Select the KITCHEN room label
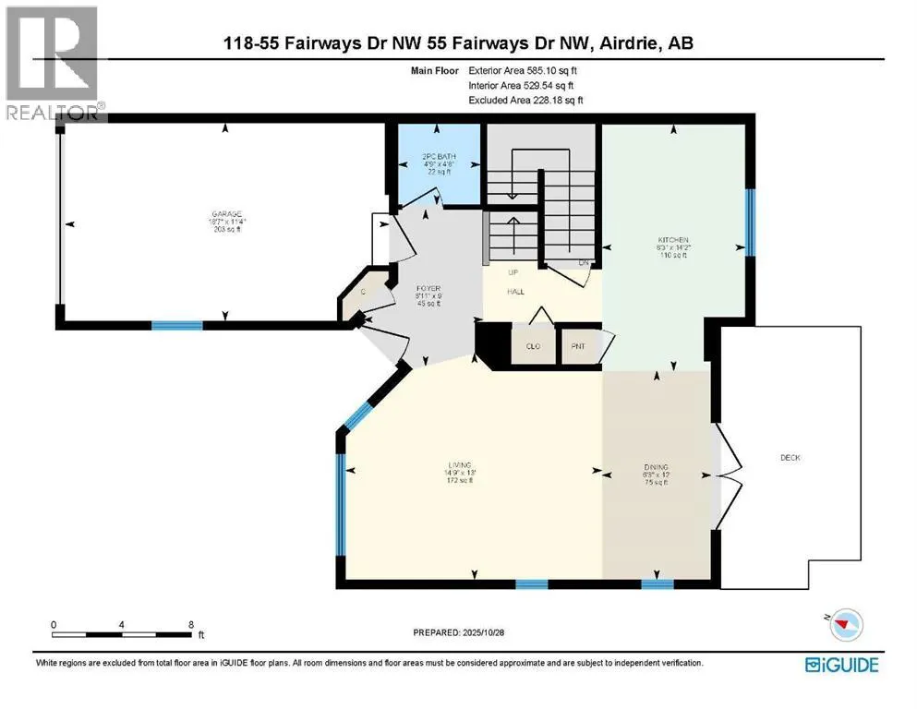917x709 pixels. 669,239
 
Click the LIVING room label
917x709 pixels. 460,464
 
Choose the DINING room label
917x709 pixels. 657,467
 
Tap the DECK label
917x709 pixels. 790,457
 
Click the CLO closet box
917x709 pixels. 534,346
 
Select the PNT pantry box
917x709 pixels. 579,346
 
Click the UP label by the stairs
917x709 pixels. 515,273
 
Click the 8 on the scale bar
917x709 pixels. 189,625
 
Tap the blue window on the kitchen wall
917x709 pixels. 751,222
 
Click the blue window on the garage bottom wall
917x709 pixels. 177,325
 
